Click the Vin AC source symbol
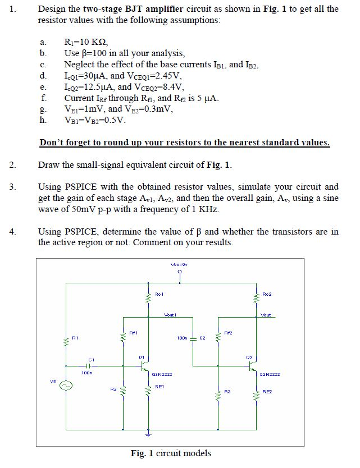click(x=67, y=386)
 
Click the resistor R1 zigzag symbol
click(x=67, y=339)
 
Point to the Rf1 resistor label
click(x=134, y=333)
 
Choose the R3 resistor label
click(x=227, y=391)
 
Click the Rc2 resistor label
click(x=267, y=294)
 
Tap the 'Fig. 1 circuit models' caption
click(x=171, y=453)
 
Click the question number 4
click(x=13, y=231)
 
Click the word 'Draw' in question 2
click(x=48, y=165)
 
